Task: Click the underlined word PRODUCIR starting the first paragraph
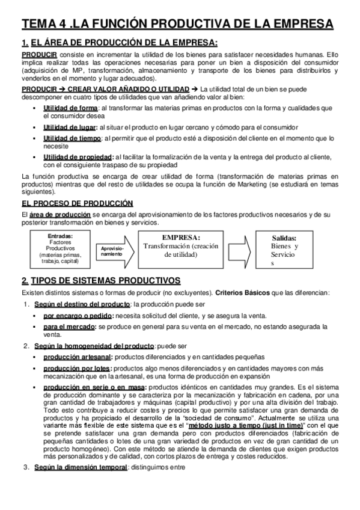coord(35,55)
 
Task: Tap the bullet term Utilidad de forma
coord(70,108)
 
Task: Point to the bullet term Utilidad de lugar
coord(70,127)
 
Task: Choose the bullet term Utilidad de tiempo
coord(72,138)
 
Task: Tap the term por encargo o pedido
coord(78,316)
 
